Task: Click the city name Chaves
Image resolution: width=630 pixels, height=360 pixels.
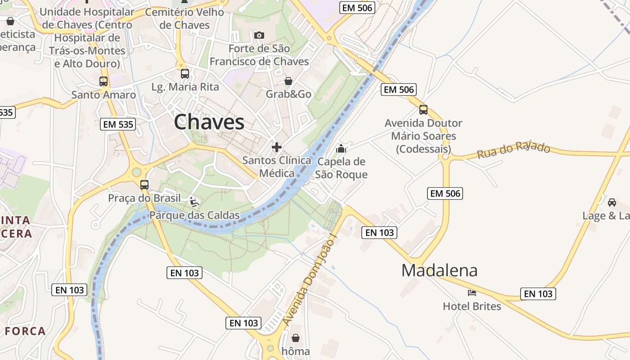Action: tap(209, 122)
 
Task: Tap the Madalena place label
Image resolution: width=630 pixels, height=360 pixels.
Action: tap(439, 270)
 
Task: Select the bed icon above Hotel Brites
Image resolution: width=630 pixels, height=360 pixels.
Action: tap(472, 293)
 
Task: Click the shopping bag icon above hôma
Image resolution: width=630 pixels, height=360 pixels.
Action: tap(296, 337)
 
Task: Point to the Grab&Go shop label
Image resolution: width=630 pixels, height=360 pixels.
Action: tap(288, 94)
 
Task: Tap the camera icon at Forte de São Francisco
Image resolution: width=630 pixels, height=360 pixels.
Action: tap(259, 35)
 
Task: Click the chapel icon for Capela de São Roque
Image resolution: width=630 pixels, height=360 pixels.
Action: tap(341, 148)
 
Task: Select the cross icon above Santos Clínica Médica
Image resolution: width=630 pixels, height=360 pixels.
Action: tap(277, 147)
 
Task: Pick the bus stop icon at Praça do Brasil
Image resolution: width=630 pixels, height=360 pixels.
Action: tap(144, 185)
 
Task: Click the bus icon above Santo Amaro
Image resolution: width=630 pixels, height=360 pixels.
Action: tap(103, 81)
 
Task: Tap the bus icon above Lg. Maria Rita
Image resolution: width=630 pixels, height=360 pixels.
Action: tap(185, 74)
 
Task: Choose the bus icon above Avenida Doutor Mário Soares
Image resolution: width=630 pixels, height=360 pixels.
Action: tap(423, 110)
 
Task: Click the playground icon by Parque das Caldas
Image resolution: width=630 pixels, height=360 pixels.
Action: tap(194, 202)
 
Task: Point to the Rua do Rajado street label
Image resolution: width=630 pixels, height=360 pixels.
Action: tap(513, 150)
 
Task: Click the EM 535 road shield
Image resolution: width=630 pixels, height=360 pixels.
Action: tap(118, 124)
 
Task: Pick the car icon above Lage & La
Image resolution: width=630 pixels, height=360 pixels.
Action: tap(612, 202)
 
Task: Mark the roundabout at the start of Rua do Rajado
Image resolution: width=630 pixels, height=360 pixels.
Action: tap(445, 157)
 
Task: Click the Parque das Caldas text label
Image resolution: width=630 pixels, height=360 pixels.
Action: tap(194, 216)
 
